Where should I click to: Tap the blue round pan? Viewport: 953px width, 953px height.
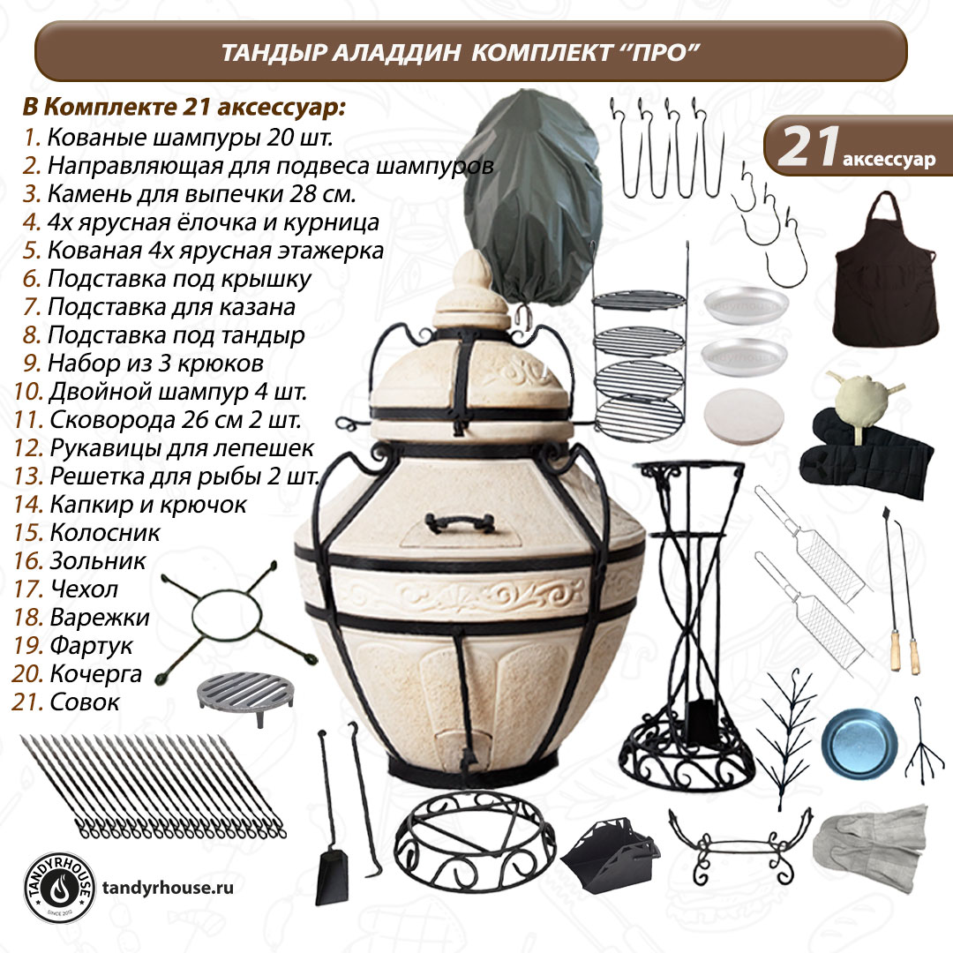tap(859, 742)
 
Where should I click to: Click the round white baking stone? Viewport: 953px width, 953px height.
tap(743, 416)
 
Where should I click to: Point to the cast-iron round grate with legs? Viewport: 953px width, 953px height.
tap(246, 696)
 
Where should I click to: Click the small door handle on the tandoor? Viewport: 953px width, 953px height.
tap(459, 522)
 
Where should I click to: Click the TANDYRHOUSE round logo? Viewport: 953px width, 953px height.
tap(60, 888)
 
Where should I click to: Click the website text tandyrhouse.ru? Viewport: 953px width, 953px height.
tap(168, 888)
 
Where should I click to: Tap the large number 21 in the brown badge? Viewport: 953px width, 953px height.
tap(809, 146)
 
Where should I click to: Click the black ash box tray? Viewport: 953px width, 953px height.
tap(610, 855)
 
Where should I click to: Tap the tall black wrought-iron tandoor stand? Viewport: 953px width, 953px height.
tap(687, 625)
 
